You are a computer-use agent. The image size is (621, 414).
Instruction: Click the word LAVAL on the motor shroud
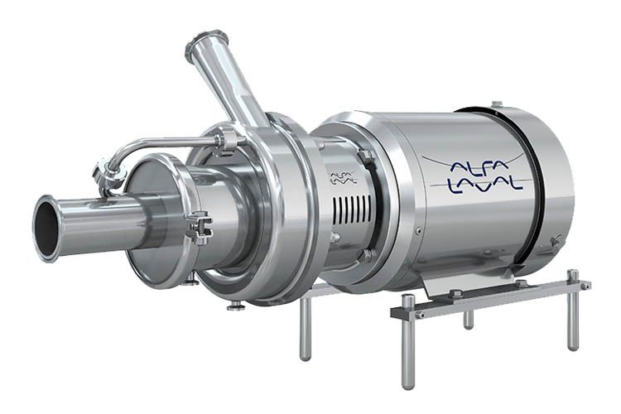(x=484, y=185)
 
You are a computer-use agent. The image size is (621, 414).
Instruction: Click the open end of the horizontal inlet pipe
(x=46, y=229)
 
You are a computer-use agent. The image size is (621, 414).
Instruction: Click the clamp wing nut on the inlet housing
(x=200, y=229)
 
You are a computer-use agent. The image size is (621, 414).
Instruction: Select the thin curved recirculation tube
(x=166, y=145)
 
